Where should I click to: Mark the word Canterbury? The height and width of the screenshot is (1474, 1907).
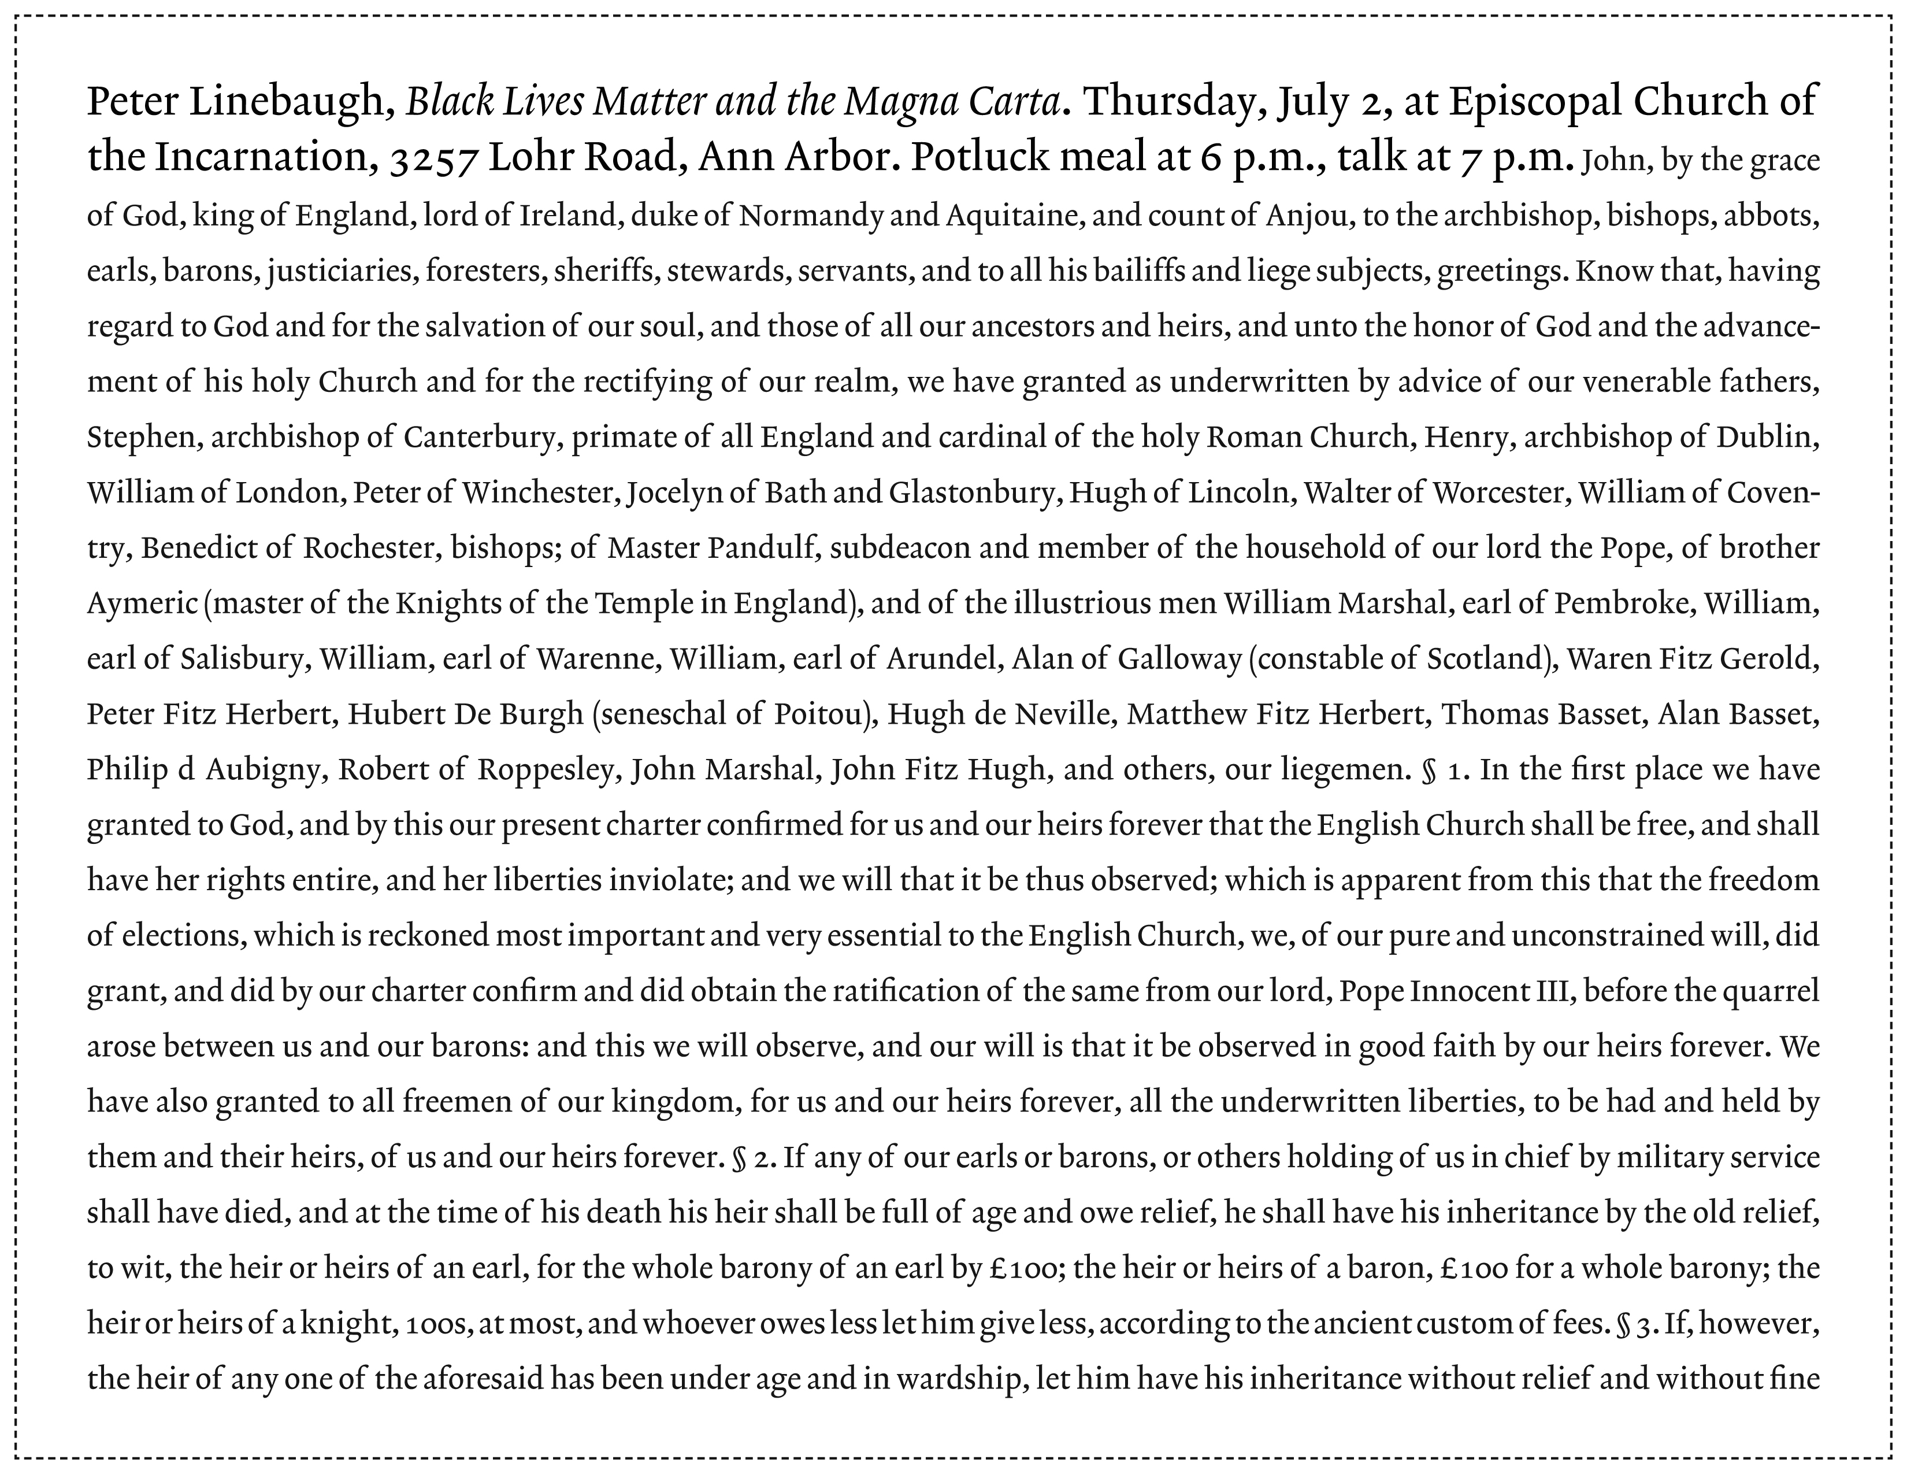point(480,436)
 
